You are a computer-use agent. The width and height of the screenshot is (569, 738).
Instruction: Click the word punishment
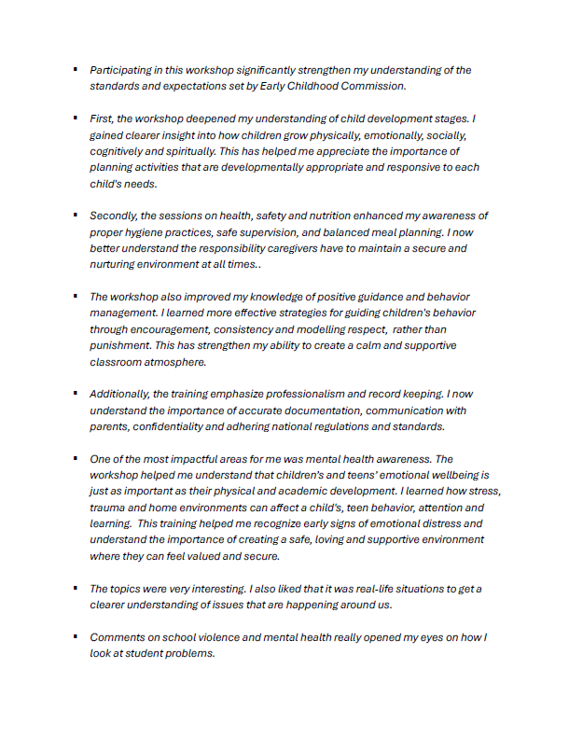click(x=122, y=346)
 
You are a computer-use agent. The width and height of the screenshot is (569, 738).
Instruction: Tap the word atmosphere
click(x=175, y=362)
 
